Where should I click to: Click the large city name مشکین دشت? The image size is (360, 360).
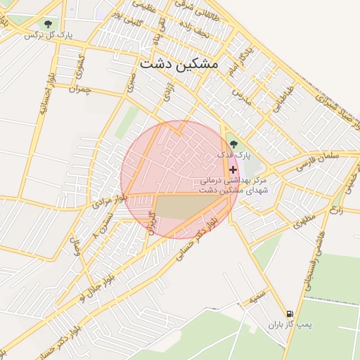click(x=179, y=63)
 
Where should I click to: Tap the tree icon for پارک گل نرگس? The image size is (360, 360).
click(x=48, y=25)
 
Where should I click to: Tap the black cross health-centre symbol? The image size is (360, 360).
click(x=233, y=169)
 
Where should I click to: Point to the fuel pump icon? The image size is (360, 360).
click(x=289, y=314)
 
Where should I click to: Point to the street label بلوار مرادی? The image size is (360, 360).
click(x=101, y=205)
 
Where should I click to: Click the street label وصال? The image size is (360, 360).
click(x=73, y=246)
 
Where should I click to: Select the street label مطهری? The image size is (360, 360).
click(x=303, y=221)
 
